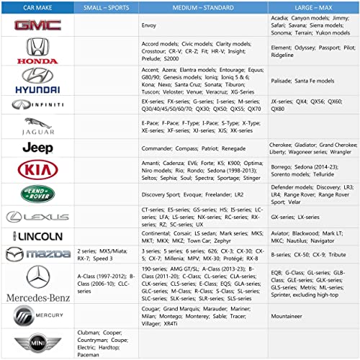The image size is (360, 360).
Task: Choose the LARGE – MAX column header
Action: point(312,6)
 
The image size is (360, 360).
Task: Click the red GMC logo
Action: point(37,25)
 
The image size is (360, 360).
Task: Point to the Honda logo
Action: point(37,50)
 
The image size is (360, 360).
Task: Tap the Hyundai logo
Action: point(37,80)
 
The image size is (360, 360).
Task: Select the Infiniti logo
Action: point(37,105)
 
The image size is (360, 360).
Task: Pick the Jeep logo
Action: point(37,148)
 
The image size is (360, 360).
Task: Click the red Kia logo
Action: point(37,171)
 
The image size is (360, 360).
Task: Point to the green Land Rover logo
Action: point(37,194)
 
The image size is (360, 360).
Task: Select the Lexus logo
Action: point(37,217)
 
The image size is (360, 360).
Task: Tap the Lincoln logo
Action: point(37,236)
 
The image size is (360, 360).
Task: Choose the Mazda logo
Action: point(37,253)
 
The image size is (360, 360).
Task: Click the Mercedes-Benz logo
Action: point(37,284)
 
